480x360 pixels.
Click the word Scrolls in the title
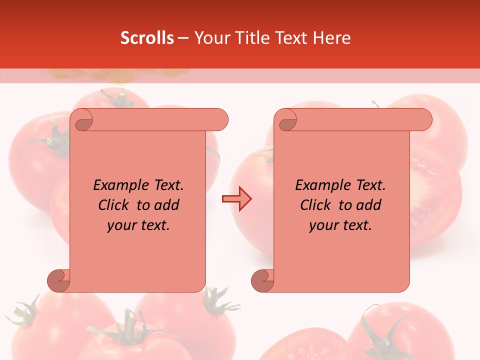click(147, 38)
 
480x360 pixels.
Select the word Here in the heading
click(331, 38)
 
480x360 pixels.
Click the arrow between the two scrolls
click(237, 199)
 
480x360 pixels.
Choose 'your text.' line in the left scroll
click(138, 225)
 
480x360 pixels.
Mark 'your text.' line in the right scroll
click(340, 225)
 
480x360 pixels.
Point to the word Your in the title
click(211, 38)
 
